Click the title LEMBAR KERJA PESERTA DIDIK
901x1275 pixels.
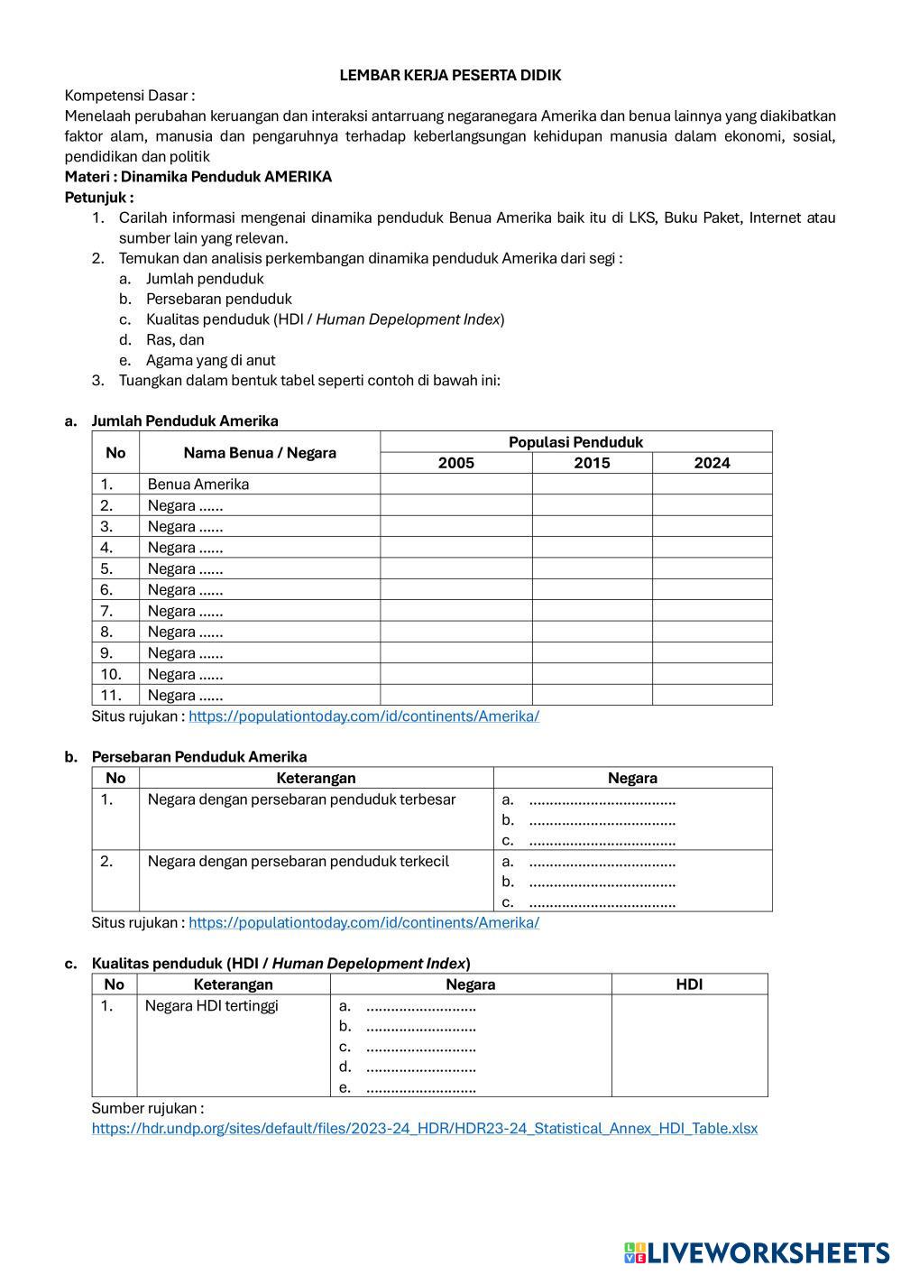(x=450, y=76)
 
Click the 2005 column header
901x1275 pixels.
(x=455, y=463)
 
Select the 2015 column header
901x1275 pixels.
(x=592, y=463)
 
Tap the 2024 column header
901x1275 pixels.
(x=712, y=463)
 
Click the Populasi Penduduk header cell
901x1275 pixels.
(x=575, y=442)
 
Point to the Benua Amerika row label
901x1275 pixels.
(x=198, y=485)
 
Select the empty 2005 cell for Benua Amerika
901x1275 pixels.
(x=455, y=485)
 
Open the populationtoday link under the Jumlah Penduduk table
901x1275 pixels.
(x=363, y=716)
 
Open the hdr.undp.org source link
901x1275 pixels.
(x=424, y=1129)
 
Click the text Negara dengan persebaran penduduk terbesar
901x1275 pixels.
(x=301, y=799)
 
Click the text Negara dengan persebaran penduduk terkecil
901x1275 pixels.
(x=298, y=862)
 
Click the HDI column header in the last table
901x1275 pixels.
(x=689, y=984)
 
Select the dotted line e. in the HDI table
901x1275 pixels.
(x=420, y=1088)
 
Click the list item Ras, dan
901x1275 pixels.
(x=175, y=340)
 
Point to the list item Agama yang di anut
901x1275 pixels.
(x=210, y=360)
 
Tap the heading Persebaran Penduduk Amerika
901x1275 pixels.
(x=198, y=757)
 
